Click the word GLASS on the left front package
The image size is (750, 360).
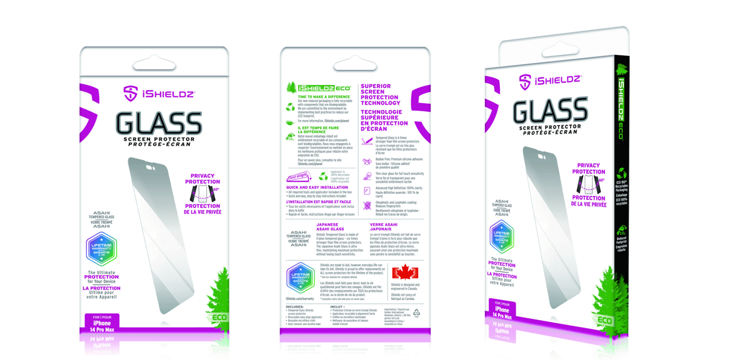click(x=159, y=122)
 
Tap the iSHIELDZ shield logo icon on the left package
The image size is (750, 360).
click(x=131, y=94)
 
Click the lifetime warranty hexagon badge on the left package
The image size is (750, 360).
click(x=101, y=249)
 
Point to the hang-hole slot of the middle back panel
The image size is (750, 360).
click(x=354, y=65)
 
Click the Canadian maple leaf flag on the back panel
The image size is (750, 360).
click(x=404, y=272)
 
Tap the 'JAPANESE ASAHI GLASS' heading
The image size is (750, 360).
click(x=331, y=226)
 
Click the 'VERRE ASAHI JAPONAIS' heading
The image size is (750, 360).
click(x=383, y=226)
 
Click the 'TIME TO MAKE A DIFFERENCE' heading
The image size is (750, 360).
click(x=323, y=97)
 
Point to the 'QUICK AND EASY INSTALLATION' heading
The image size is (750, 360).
click(x=317, y=187)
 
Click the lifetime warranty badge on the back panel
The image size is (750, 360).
click(x=300, y=277)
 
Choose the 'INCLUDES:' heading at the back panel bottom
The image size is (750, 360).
click(x=294, y=307)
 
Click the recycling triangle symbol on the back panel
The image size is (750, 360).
click(x=416, y=312)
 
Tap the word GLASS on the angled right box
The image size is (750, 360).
click(x=551, y=111)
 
